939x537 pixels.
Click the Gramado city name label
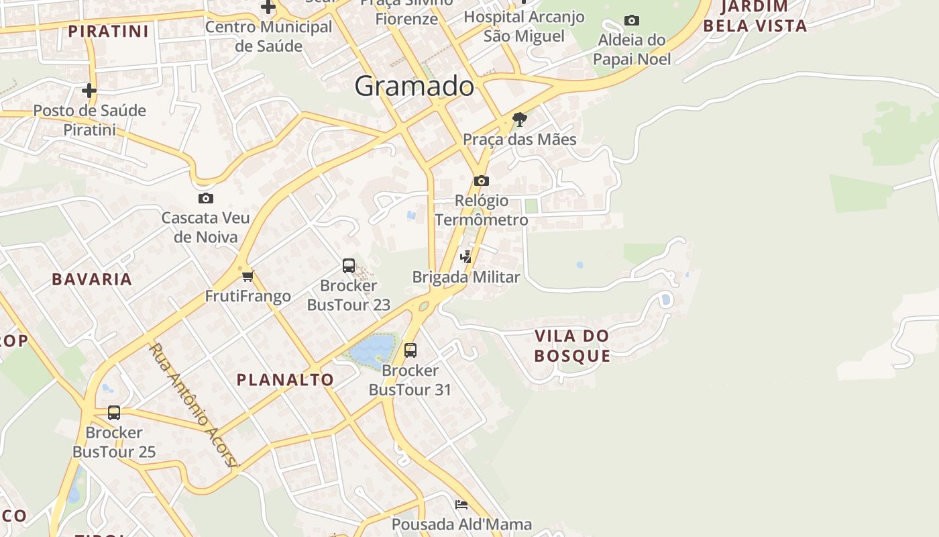(414, 86)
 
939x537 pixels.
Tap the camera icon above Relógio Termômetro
(481, 181)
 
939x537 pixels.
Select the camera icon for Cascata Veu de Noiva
(206, 198)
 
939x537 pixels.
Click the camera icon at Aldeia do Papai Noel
(631, 21)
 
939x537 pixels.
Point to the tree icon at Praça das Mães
(519, 120)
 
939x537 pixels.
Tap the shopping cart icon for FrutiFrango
(247, 276)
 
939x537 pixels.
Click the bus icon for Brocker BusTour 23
(349, 265)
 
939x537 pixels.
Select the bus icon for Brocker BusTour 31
(410, 350)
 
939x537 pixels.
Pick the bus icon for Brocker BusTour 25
(114, 412)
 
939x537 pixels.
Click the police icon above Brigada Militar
(465, 256)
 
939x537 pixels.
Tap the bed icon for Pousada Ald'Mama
(461, 504)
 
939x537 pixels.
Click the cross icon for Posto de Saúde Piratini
(89, 90)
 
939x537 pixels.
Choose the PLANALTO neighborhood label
(285, 380)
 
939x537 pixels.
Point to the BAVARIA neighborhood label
(92, 280)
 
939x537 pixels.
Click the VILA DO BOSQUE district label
(572, 346)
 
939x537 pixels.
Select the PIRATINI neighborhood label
(108, 32)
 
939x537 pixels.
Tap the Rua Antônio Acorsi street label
(194, 406)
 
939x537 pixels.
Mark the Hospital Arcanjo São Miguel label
(524, 26)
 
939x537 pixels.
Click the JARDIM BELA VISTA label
(763, 17)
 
